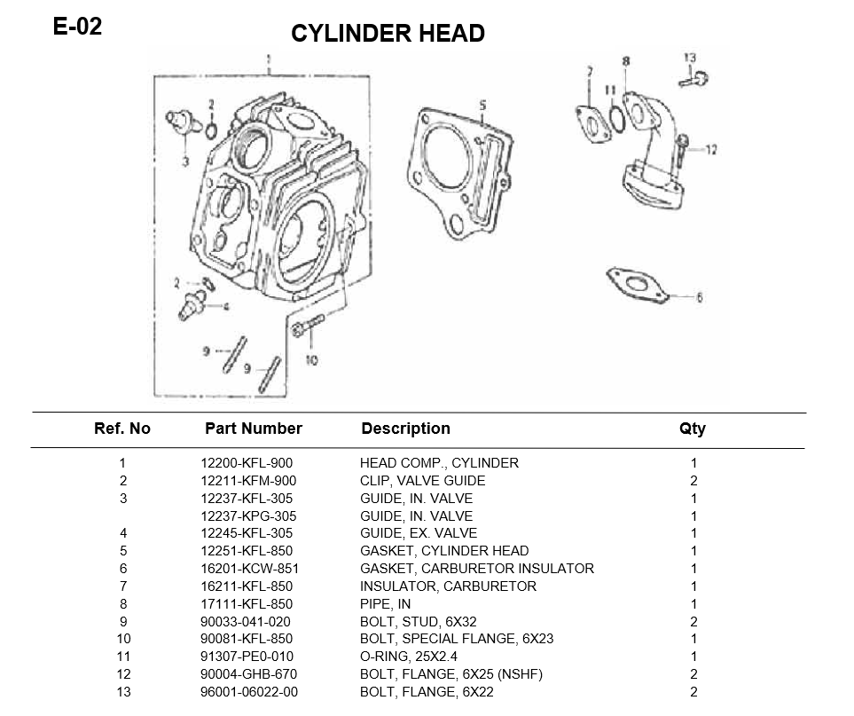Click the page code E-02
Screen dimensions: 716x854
[x=77, y=27]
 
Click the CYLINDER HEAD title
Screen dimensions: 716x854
[x=388, y=34]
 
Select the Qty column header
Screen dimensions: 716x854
[x=693, y=429]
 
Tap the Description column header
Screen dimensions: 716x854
[x=405, y=429]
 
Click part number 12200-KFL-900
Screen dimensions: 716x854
[x=247, y=463]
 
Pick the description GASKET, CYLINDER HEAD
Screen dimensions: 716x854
[x=443, y=551]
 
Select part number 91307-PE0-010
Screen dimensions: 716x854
[x=247, y=657]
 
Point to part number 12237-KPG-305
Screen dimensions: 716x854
[x=248, y=516]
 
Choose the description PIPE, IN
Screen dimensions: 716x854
[x=385, y=604]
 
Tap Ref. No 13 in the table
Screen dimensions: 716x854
[x=123, y=692]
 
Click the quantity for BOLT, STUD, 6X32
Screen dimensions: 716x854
[x=693, y=622]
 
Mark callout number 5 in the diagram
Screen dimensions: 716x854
[x=482, y=105]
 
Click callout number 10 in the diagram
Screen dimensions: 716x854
[x=311, y=360]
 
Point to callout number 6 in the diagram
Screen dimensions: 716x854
[x=699, y=298]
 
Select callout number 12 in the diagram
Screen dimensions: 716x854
[x=710, y=150]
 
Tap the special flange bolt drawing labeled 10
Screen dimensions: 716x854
[x=303, y=329]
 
